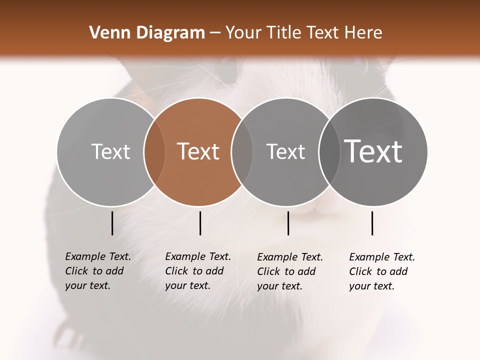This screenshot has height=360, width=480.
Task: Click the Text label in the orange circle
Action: [x=198, y=151]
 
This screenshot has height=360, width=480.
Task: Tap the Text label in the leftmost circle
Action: [x=110, y=151]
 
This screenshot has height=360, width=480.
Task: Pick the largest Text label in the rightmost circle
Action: [x=373, y=151]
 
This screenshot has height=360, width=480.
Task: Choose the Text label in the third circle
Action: [x=285, y=151]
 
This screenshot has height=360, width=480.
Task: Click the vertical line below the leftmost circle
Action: [x=112, y=223]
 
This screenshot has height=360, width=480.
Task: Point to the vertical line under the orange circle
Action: [x=200, y=223]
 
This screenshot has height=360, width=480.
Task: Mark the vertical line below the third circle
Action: [x=288, y=223]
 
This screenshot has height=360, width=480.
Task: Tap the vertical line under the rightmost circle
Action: [x=372, y=223]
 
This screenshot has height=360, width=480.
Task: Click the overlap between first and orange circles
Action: [x=154, y=151]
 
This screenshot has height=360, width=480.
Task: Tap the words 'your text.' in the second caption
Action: [x=187, y=285]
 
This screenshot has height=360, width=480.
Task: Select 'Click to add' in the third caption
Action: [x=286, y=271]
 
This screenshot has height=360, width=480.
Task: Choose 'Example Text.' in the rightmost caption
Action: [x=382, y=257]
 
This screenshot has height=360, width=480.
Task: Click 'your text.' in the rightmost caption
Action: [x=371, y=286]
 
